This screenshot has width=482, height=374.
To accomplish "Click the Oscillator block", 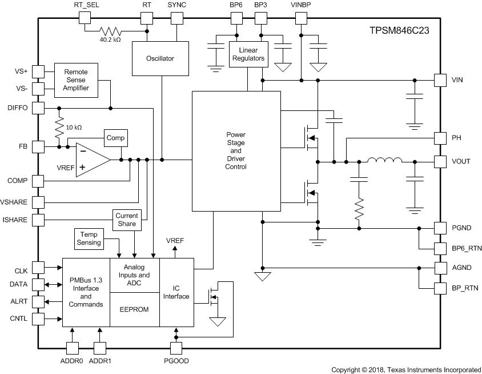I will [x=159, y=58].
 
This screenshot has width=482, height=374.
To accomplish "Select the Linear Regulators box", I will [x=248, y=54].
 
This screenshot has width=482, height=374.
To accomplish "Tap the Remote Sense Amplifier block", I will [x=76, y=80].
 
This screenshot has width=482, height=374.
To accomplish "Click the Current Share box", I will [x=126, y=220].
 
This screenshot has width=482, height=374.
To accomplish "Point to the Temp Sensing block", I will [x=89, y=238].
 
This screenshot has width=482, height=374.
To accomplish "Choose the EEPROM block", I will [x=134, y=309].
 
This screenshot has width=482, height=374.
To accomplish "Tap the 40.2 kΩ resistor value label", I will [x=109, y=40].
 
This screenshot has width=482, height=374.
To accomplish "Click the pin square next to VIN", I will [x=440, y=79].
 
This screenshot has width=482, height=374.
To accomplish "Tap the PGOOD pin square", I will [x=176, y=348].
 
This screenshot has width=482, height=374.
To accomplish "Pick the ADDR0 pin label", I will [x=72, y=361].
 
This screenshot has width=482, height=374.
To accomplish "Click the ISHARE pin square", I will [x=38, y=220].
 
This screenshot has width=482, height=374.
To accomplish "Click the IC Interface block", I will [x=176, y=292].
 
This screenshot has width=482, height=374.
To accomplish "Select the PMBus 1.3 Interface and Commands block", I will [x=86, y=292].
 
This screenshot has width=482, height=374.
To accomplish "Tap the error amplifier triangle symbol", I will [x=92, y=160].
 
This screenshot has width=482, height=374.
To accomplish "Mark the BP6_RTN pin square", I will [x=440, y=248].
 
